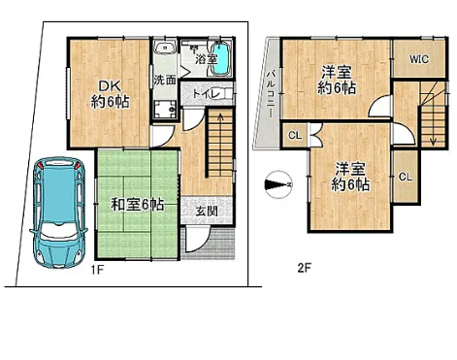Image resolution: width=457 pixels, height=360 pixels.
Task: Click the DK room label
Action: [x=110, y=94]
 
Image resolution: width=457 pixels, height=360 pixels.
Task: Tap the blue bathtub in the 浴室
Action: [x=221, y=59]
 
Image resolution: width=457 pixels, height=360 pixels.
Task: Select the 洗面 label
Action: [x=165, y=80]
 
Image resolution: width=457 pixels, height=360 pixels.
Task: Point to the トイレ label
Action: [x=207, y=94]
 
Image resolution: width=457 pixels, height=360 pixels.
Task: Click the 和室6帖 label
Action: [x=138, y=205]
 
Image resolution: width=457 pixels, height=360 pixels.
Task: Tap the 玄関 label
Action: [x=207, y=212]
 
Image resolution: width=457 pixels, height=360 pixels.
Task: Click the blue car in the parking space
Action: [x=59, y=213]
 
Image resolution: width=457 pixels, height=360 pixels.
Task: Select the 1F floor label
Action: [x=97, y=270]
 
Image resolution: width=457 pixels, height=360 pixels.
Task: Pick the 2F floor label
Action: [x=305, y=268]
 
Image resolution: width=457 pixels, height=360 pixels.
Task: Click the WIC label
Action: [x=419, y=59]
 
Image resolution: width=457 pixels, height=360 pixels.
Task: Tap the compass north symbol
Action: [x=278, y=184]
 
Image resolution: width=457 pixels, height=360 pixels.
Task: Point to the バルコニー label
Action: [x=271, y=94]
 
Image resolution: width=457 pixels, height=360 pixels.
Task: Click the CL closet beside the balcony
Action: [x=295, y=135]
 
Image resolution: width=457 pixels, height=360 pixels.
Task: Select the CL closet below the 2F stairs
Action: [x=406, y=177]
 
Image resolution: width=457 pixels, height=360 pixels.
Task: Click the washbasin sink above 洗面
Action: [x=165, y=49]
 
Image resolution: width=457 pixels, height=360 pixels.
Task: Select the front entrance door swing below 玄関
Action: [x=197, y=240]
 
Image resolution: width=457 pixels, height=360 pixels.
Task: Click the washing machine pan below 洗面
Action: [x=165, y=110]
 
